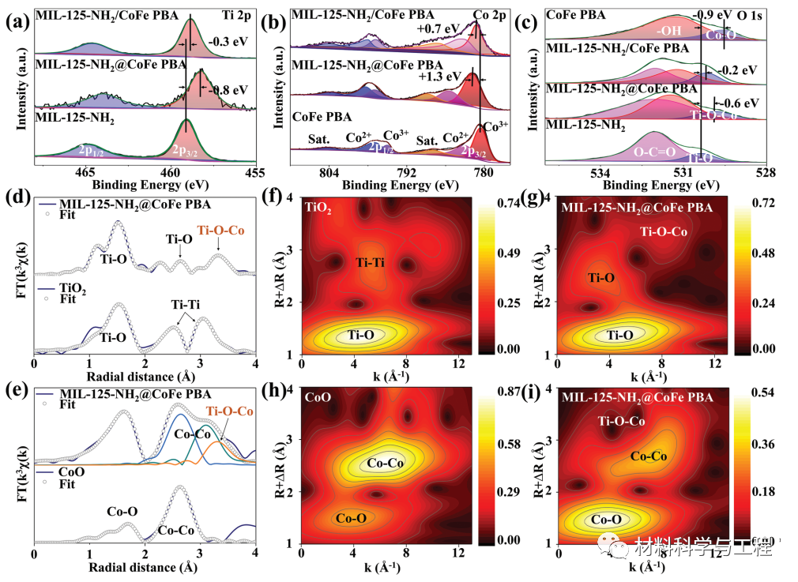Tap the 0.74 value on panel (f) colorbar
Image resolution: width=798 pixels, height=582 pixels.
click(x=509, y=204)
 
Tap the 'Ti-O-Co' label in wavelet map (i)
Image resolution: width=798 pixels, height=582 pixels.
click(x=622, y=421)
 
